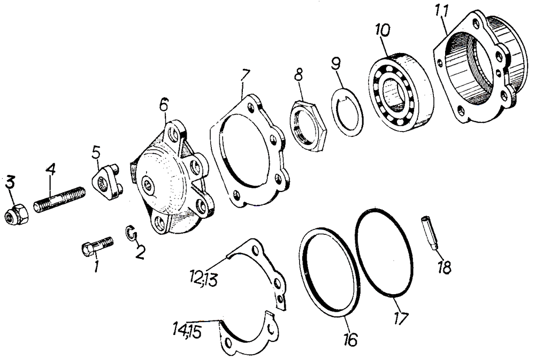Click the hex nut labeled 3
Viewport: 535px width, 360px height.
[17, 215]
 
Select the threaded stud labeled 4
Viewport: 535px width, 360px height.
[60, 200]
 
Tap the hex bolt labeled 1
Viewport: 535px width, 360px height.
[97, 246]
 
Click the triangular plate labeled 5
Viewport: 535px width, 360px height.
[108, 182]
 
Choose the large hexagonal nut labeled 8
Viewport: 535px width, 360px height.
[309, 125]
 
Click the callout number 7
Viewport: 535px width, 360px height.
[246, 75]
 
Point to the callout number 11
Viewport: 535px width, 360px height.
[442, 11]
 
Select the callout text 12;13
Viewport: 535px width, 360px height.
[204, 279]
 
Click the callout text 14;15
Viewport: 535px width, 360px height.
[187, 331]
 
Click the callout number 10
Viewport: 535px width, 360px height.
[383, 30]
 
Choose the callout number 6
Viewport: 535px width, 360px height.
[164, 105]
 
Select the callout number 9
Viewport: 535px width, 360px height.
[336, 64]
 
